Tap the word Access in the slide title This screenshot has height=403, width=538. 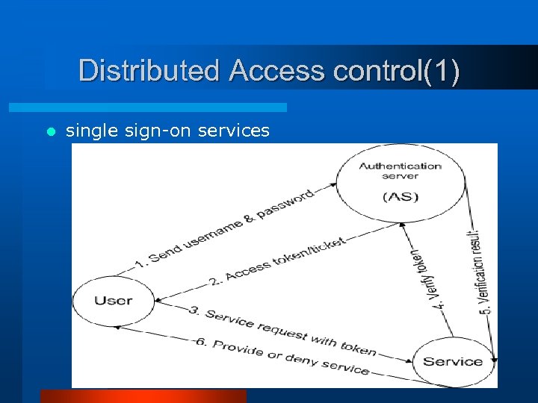(276, 71)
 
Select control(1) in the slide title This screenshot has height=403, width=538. (396, 71)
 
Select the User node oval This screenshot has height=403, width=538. (113, 301)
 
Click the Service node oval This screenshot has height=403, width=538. (453, 362)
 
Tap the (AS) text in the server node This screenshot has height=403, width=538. (401, 197)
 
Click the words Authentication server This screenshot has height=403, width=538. (401, 170)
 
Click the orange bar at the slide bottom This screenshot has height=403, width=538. (143, 396)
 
